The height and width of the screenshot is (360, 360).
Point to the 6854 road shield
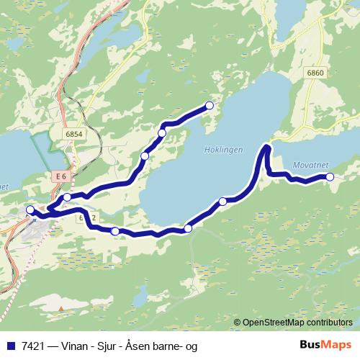[x=73, y=134]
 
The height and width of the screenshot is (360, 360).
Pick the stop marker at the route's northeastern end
[x=210, y=106]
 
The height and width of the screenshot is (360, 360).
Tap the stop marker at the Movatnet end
[x=330, y=176]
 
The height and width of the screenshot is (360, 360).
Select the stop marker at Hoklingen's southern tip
[x=188, y=228]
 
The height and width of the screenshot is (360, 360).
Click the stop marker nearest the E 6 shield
[x=67, y=197]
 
